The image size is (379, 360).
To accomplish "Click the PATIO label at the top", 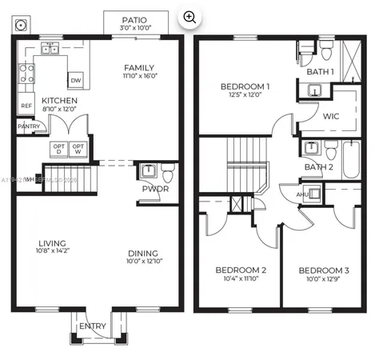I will click(x=136, y=20).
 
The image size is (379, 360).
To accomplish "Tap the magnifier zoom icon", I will click(x=189, y=16).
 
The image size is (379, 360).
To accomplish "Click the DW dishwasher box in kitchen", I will click(x=75, y=80).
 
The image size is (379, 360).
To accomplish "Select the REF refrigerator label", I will click(x=26, y=106).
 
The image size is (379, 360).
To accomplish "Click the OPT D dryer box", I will click(x=58, y=150).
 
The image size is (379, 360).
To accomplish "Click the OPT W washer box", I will click(x=78, y=150).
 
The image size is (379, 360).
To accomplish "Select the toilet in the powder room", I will click(x=168, y=173).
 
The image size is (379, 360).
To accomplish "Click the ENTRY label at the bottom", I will click(x=92, y=326).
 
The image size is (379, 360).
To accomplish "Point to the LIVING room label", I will click(x=52, y=243).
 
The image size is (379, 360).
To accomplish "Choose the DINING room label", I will click(x=144, y=254).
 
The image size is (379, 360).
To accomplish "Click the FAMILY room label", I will click(x=139, y=68).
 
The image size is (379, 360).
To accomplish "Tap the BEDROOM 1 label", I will click(x=245, y=86).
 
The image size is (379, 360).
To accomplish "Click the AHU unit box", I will click(x=305, y=194).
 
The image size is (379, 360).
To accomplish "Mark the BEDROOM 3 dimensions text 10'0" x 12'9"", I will click(x=325, y=280).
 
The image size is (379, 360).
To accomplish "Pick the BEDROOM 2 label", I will click(x=241, y=270).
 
